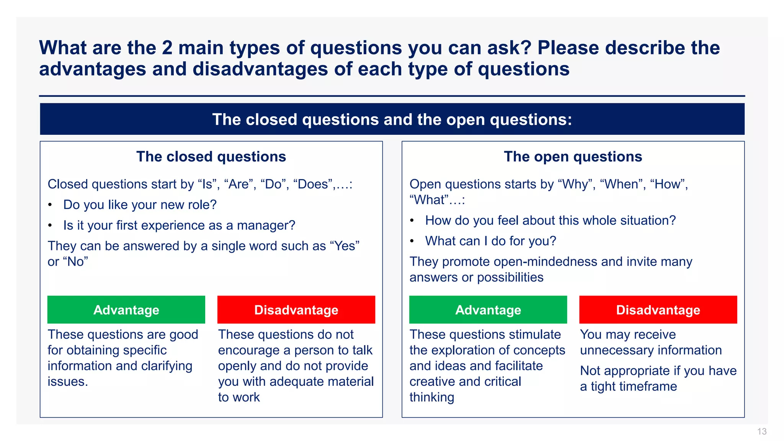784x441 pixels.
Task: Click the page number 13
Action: point(761,431)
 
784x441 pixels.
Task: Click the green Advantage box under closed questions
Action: point(126,310)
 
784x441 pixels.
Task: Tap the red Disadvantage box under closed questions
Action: point(296,310)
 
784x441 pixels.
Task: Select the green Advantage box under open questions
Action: point(488,310)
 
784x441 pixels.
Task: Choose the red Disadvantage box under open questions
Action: point(658,310)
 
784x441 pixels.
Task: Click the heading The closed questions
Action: point(211,157)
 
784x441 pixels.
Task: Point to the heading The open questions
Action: point(573,157)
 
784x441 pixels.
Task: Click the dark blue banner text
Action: point(392,119)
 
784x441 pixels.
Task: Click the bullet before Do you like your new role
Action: point(50,205)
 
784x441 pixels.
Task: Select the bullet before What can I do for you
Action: point(412,242)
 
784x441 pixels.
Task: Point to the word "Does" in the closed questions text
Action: point(313,185)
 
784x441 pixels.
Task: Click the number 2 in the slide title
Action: point(167,48)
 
